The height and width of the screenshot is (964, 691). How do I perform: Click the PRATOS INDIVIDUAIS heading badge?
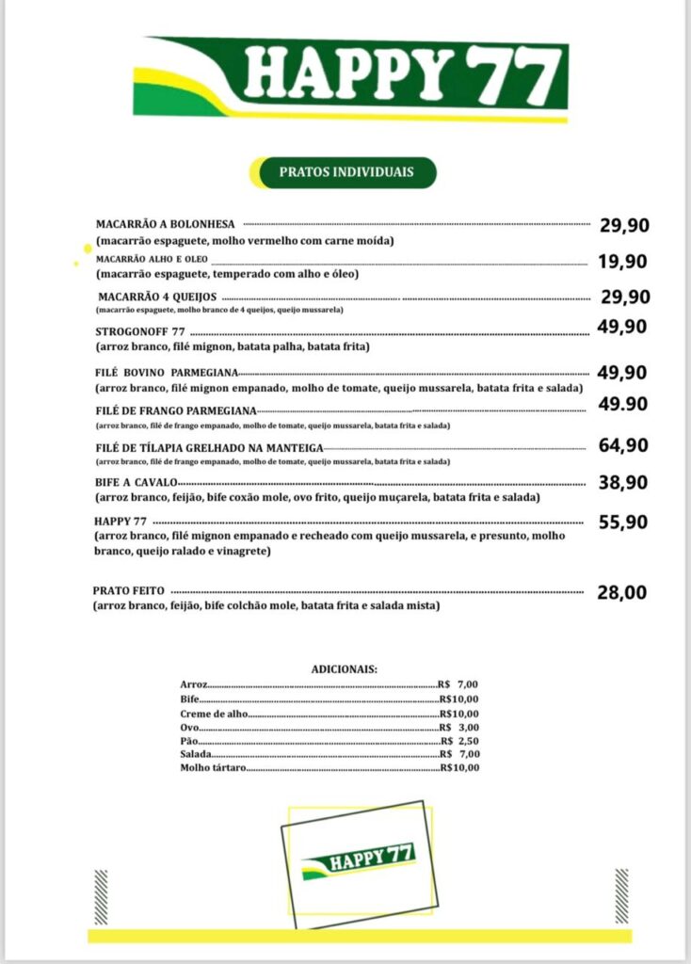point(345,172)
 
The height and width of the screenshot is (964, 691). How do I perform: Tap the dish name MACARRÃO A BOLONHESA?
point(166,224)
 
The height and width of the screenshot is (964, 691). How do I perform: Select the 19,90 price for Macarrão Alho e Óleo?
point(622,261)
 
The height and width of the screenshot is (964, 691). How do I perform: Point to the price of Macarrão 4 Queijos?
point(625,297)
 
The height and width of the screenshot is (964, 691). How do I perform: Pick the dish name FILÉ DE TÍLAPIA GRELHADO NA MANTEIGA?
point(209,447)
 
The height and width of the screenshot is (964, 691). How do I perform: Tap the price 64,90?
point(622,445)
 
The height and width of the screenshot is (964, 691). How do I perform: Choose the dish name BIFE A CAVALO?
point(136,483)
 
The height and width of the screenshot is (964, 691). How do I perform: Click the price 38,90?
point(622,482)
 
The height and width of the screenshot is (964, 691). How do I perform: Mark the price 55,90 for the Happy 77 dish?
point(622,522)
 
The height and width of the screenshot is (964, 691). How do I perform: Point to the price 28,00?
point(621,593)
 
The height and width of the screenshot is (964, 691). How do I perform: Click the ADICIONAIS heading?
point(345,668)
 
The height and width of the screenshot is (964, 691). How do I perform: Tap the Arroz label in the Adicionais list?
point(194,684)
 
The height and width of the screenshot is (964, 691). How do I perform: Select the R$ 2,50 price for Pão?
point(459,741)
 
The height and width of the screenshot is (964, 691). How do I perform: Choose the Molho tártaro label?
point(213,768)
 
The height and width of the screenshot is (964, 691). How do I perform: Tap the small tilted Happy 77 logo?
point(359,860)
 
